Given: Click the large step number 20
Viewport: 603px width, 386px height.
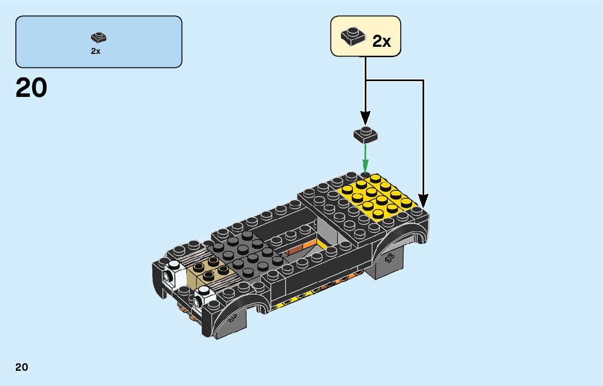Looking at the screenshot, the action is tap(32, 88).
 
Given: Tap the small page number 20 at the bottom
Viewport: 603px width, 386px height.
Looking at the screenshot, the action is tap(22, 367).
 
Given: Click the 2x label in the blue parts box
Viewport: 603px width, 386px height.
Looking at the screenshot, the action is tap(96, 51).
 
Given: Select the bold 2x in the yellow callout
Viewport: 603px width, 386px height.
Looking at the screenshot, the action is tap(382, 41).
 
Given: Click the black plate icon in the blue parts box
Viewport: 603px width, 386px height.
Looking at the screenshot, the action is tap(99, 38).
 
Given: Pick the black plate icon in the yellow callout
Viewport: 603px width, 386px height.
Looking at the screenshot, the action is tap(353, 36).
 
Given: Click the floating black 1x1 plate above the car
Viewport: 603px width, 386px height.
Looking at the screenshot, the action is tap(365, 134).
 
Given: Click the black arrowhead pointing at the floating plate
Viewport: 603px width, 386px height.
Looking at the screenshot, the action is tap(365, 117).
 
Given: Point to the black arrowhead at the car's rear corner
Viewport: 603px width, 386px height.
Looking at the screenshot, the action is tap(423, 201).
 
